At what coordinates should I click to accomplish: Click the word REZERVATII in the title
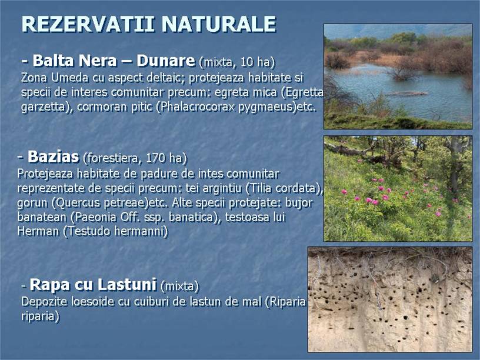click(88, 24)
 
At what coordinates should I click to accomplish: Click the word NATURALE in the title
click(219, 24)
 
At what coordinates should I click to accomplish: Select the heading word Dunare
click(166, 61)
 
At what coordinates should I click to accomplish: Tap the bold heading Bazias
click(54, 156)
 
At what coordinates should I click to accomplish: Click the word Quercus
click(78, 203)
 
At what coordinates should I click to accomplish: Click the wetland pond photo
click(398, 76)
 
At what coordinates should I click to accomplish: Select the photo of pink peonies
click(398, 189)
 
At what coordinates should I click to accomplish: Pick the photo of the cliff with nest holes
click(390, 299)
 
